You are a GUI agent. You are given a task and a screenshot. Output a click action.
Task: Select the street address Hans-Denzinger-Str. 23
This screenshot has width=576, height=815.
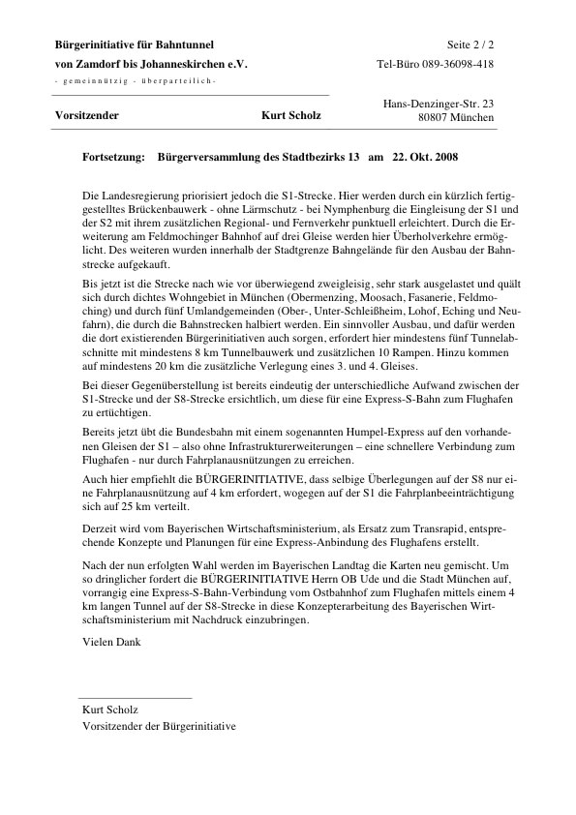tap(439, 103)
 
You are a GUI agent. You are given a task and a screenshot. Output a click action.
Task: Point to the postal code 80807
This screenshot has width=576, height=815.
tap(436, 117)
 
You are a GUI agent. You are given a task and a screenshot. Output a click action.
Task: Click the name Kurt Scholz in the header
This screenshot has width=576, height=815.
tap(291, 116)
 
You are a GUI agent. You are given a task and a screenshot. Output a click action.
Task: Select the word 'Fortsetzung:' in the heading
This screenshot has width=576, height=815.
tap(114, 156)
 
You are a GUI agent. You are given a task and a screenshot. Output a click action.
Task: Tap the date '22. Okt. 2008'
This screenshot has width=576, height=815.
tap(425, 156)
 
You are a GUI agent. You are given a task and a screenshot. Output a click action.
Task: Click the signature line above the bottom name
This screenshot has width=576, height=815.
tap(135, 697)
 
